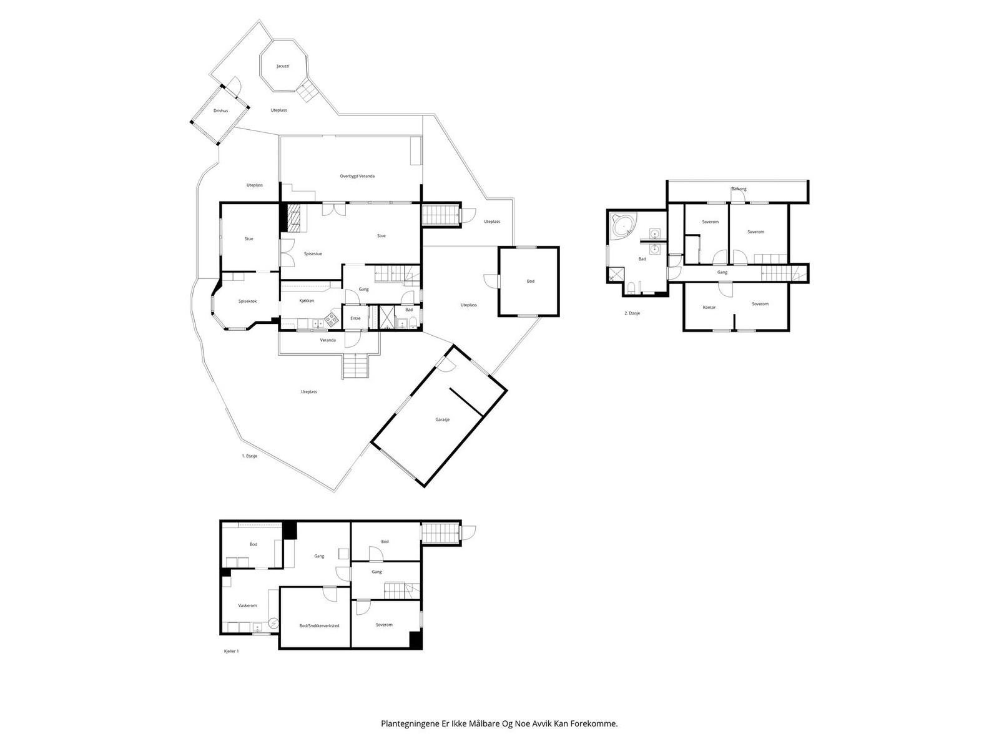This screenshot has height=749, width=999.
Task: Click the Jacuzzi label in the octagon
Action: coord(283,66)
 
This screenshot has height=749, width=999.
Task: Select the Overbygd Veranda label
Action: coord(357,176)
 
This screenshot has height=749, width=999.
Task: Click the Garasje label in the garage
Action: coord(443,419)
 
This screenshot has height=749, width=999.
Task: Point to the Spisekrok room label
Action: coord(247,301)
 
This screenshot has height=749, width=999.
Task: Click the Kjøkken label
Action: coord(307,301)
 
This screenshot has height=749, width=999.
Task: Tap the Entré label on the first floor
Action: coord(355,318)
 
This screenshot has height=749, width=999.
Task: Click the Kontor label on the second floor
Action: coord(709,307)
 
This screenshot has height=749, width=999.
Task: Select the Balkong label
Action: coord(739,188)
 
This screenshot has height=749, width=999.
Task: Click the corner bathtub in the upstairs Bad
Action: coord(623,226)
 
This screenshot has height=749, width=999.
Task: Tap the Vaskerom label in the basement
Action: coord(248,605)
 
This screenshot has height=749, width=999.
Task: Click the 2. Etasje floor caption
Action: coord(632,313)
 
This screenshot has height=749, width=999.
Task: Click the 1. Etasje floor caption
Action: coord(250,456)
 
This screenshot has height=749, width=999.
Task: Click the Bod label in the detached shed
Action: coord(530,281)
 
